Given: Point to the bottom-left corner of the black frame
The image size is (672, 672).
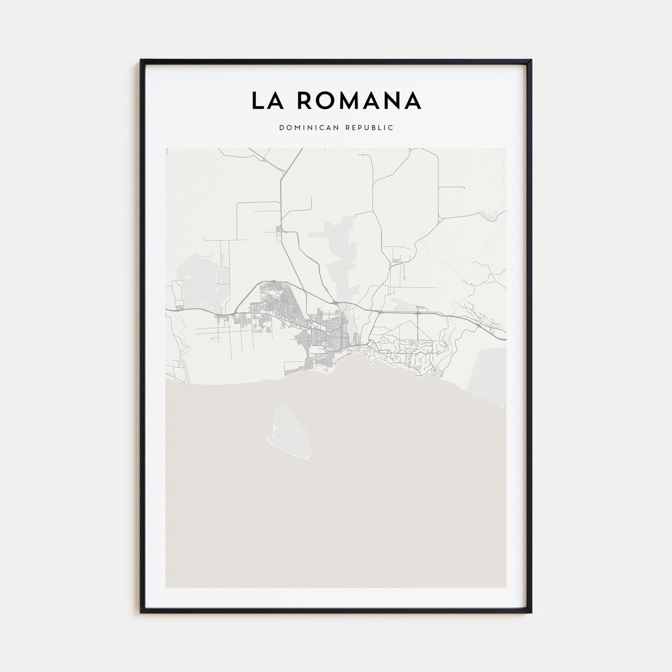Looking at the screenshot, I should (x=141, y=612).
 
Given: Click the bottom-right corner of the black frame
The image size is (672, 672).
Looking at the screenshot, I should (x=531, y=612).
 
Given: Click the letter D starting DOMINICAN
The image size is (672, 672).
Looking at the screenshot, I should (x=280, y=128).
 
